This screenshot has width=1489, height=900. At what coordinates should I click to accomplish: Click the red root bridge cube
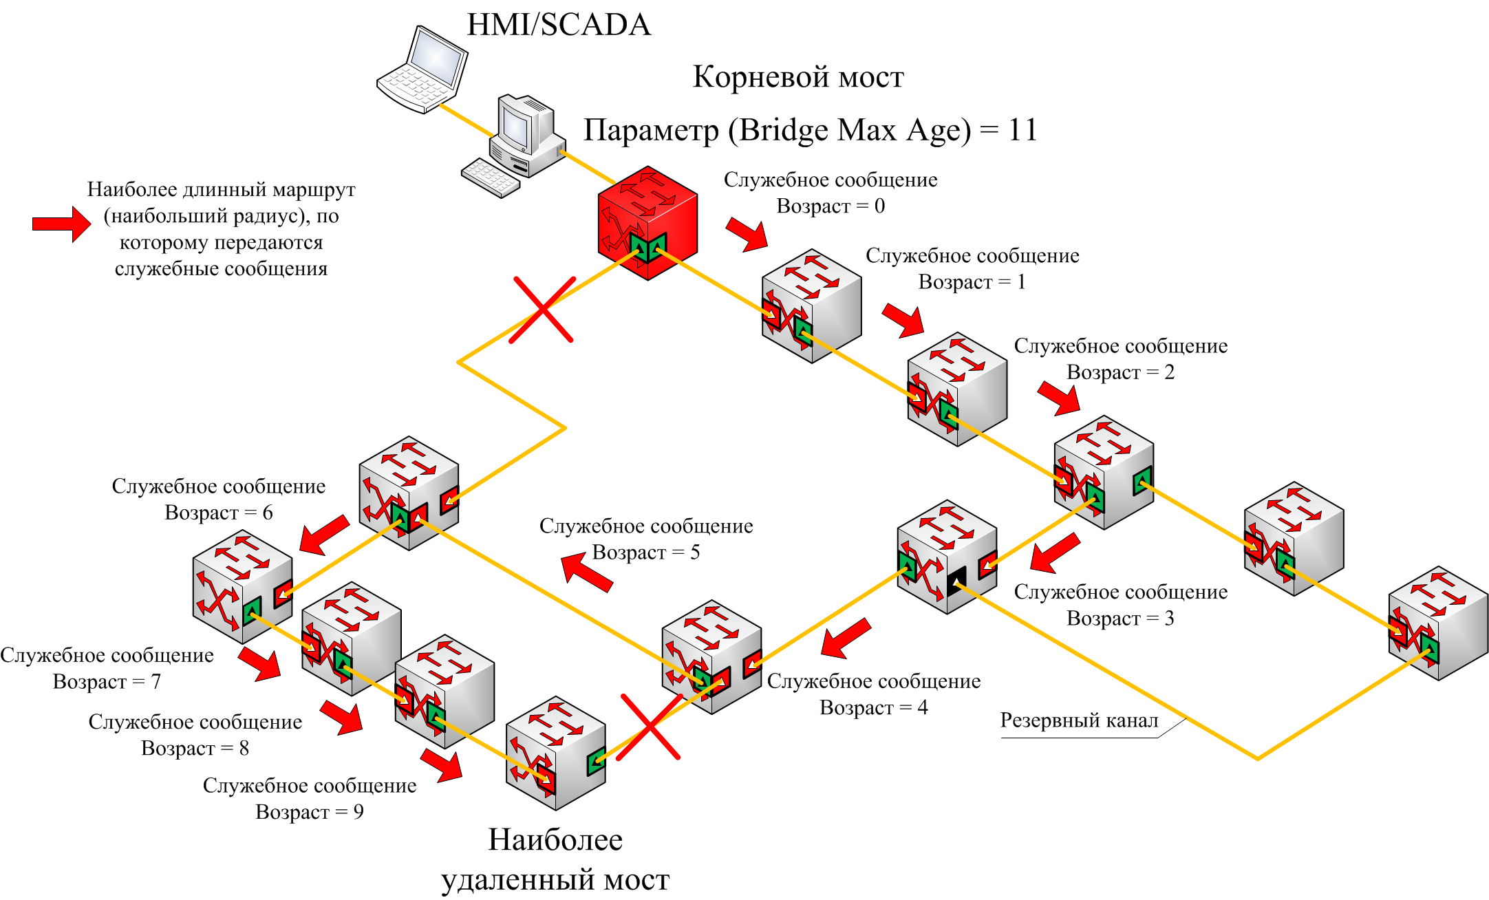647,222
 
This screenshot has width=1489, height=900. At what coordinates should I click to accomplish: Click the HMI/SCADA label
558,25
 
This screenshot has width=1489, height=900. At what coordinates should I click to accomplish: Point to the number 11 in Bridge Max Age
1022,130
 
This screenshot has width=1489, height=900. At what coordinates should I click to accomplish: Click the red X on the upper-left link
542,310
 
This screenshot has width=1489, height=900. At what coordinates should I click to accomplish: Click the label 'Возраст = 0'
831,206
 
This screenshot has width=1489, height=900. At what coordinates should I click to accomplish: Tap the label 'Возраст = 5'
646,553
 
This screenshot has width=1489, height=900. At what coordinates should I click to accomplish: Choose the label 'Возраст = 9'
310,812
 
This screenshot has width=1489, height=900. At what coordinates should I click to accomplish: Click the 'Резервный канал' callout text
1079,720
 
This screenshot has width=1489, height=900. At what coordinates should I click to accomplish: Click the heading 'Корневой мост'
797,77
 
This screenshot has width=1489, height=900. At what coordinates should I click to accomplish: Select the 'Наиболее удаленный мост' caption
555,859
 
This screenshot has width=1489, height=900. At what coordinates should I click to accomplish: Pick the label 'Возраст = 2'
1120,372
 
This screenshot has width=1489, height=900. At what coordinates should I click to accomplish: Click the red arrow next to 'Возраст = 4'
846,638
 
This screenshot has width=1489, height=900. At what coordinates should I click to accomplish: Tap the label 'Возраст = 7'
107,682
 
